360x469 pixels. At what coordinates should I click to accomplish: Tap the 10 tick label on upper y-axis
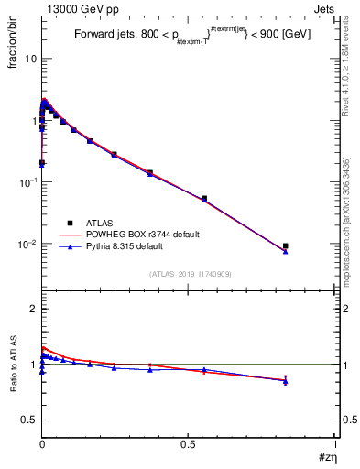point(29,59)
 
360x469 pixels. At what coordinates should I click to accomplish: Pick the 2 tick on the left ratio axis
point(34,309)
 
